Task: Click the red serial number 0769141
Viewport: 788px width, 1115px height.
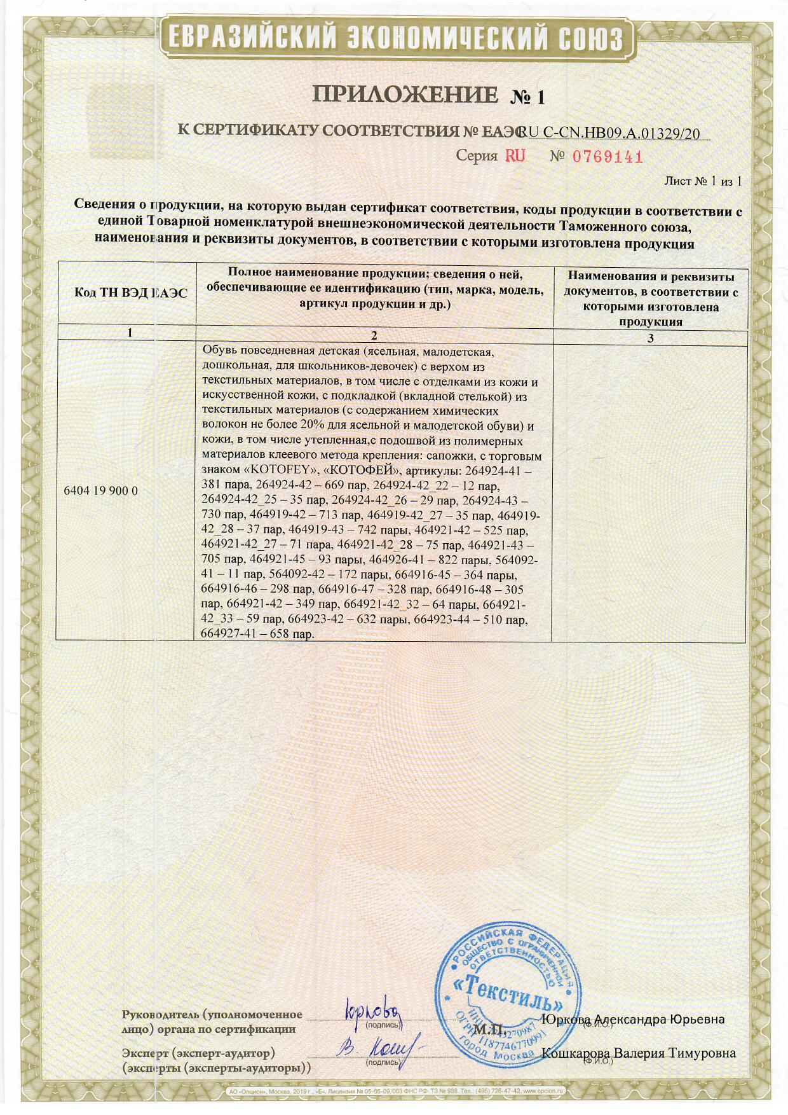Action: pyautogui.click(x=608, y=156)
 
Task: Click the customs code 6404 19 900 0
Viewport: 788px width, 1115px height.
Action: pyautogui.click(x=101, y=490)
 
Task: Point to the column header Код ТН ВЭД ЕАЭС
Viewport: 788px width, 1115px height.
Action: pyautogui.click(x=131, y=293)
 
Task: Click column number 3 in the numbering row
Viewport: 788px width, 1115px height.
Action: pyautogui.click(x=650, y=338)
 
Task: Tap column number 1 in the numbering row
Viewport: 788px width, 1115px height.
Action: pyautogui.click(x=131, y=333)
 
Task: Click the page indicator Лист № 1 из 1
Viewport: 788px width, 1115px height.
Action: pyautogui.click(x=703, y=181)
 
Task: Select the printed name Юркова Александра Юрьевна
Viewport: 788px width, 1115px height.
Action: pyautogui.click(x=632, y=1020)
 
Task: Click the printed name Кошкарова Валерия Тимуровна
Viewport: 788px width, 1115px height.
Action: pyautogui.click(x=638, y=1053)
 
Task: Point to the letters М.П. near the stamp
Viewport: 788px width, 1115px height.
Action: pyautogui.click(x=489, y=1029)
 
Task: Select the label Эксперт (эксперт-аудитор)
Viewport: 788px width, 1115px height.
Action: pyautogui.click(x=198, y=1053)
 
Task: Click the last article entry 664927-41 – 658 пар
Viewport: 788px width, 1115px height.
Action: pyautogui.click(x=257, y=634)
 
